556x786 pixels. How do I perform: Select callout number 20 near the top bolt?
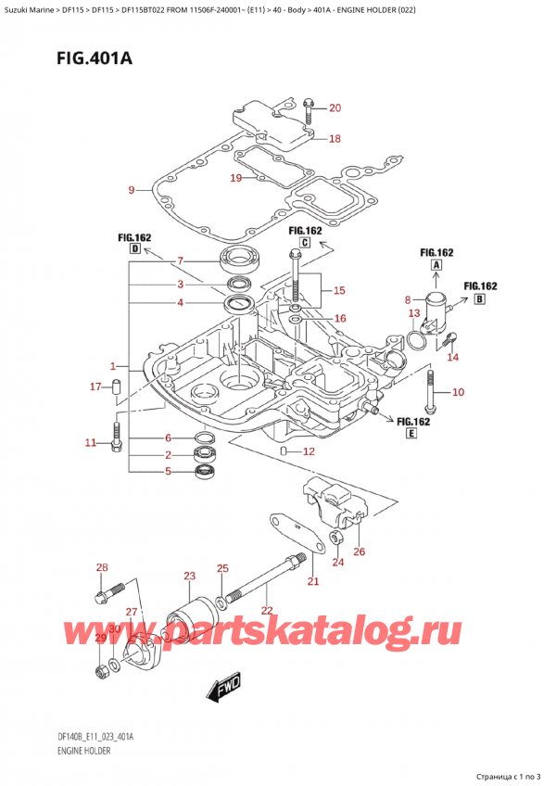335,108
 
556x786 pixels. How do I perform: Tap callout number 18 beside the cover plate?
335,139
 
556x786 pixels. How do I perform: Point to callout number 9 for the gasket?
132,191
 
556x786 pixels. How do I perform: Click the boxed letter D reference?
135,249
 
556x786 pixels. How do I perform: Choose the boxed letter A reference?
435,264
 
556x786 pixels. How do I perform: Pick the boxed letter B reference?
480,299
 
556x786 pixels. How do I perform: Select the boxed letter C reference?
303,243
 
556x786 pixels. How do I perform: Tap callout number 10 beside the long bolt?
458,393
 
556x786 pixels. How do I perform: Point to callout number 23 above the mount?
189,577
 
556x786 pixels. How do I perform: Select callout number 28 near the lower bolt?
102,567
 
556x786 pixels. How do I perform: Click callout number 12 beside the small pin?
309,451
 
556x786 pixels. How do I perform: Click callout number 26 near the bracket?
360,552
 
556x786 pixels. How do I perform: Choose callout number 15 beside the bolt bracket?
339,290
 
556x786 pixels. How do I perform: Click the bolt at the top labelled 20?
308,109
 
